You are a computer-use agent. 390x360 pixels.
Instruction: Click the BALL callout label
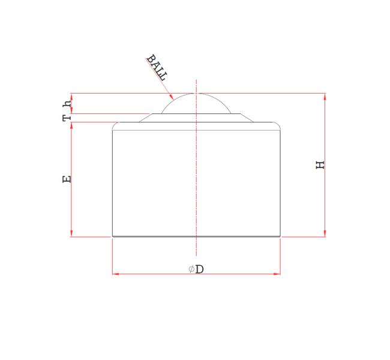point(157,68)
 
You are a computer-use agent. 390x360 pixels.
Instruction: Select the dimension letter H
point(320,164)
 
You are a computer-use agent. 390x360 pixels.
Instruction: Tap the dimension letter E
point(67,179)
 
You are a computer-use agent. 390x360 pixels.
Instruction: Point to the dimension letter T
point(67,118)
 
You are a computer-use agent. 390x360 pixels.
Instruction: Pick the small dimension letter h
point(67,103)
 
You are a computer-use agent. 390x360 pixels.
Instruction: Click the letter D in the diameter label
point(200,269)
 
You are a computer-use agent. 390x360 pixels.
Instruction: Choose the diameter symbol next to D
point(191,269)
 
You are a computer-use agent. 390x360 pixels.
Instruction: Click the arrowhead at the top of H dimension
point(325,96)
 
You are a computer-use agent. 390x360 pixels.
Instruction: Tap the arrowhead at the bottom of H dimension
point(325,233)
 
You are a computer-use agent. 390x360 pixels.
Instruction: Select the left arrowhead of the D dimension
point(115,274)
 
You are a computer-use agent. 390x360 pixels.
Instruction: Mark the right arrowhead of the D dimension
point(277,274)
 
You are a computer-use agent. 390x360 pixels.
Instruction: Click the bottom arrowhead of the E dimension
point(71,233)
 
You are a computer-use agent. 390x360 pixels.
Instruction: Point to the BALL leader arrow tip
point(172,98)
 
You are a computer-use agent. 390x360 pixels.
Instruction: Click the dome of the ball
point(196,102)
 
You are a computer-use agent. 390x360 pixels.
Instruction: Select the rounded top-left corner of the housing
point(115,125)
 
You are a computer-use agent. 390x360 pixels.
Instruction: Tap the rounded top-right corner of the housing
point(278,125)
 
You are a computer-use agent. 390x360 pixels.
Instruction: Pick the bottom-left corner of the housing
point(113,236)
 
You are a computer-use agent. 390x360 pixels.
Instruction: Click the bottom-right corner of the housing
point(280,236)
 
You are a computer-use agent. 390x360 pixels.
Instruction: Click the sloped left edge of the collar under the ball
point(145,118)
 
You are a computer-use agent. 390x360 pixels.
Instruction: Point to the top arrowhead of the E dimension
point(71,125)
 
